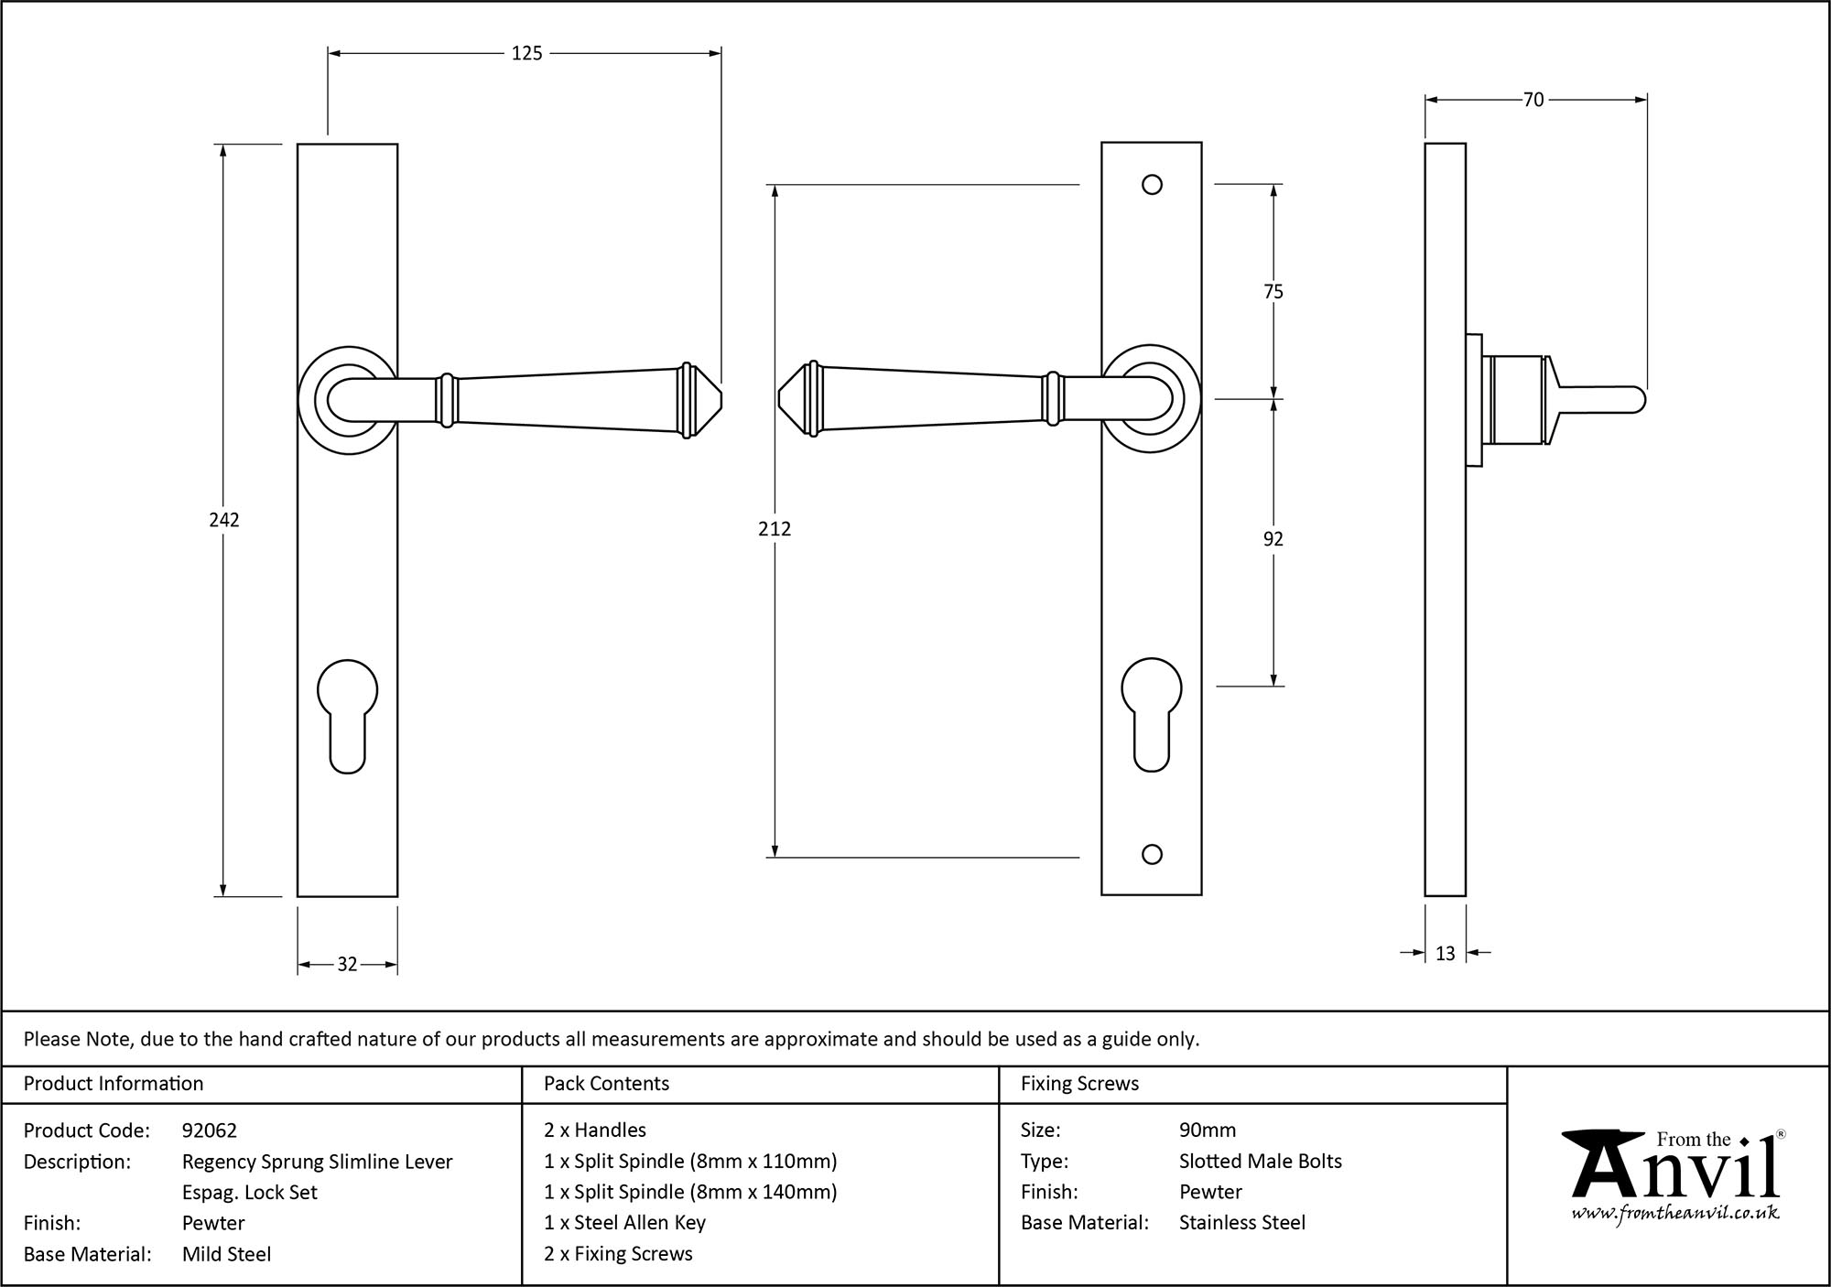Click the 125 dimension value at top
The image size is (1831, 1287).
point(526,54)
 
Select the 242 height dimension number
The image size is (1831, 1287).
point(223,520)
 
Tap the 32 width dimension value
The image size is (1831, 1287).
point(347,964)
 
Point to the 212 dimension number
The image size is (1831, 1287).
point(774,528)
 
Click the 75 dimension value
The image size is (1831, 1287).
point(1273,292)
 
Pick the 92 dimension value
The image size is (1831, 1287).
point(1273,539)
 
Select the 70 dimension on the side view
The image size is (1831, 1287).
point(1533,100)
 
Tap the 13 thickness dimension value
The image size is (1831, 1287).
point(1445,954)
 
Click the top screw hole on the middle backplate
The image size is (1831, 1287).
point(1153,185)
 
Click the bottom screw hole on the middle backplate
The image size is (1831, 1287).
point(1153,854)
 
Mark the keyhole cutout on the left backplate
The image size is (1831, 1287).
point(347,714)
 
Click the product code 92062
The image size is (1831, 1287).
point(210,1130)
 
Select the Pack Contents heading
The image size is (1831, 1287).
point(606,1084)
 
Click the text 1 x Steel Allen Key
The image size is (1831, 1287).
point(624,1222)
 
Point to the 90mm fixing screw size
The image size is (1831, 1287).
point(1208,1130)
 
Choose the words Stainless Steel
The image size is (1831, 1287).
point(1242,1222)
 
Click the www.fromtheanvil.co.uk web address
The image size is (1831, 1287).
point(1674,1213)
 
